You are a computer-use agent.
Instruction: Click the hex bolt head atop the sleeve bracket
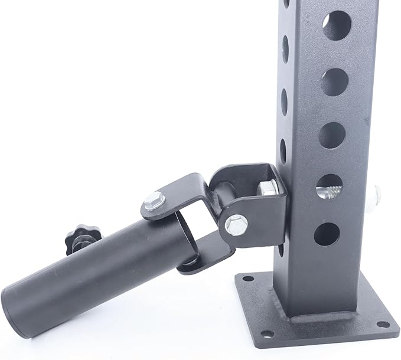(x=154, y=202)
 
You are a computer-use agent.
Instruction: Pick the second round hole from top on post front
(x=333, y=81)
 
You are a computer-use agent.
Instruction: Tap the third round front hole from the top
(x=331, y=135)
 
